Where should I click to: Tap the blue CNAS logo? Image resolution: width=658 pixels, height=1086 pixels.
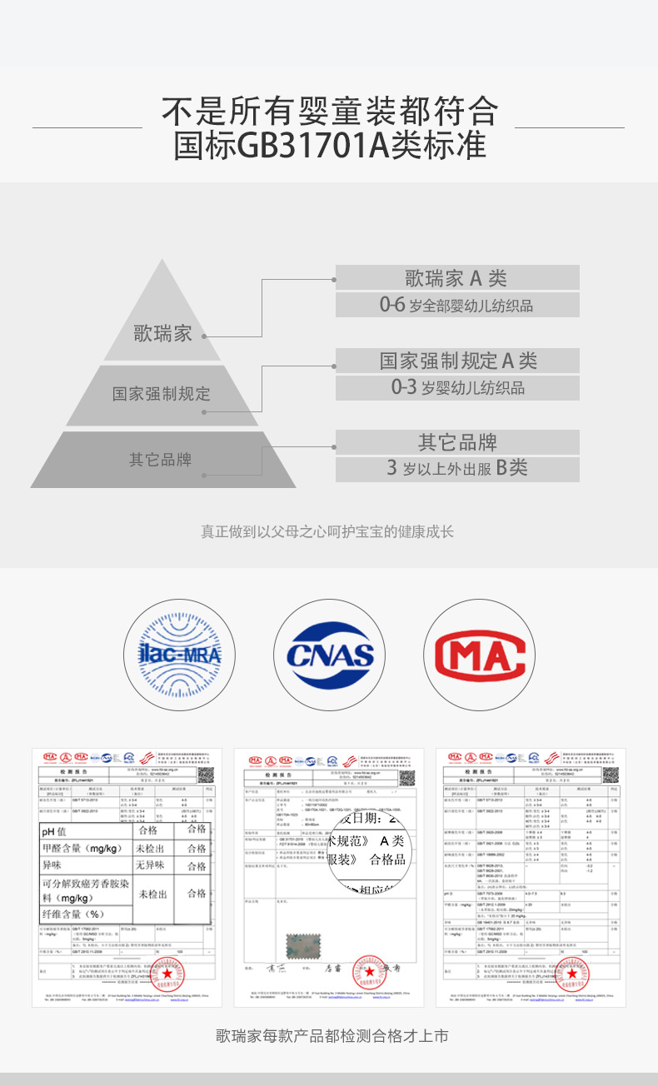[329, 654]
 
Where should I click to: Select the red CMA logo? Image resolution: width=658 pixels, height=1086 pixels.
[479, 654]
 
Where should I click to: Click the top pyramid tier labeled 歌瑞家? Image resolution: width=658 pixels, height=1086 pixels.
[163, 334]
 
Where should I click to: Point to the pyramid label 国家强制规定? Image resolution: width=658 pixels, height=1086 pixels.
[162, 393]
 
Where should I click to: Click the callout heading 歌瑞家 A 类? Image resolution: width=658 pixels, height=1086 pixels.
[456, 278]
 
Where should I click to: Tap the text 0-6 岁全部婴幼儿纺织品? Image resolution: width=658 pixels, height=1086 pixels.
[456, 305]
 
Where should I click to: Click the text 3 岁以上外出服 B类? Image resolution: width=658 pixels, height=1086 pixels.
[457, 468]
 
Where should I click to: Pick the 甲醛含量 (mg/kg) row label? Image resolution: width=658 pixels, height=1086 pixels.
[82, 849]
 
